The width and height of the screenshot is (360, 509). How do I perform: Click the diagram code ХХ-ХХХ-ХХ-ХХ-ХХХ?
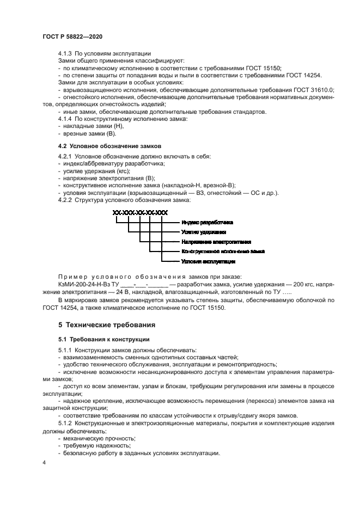point(140,212)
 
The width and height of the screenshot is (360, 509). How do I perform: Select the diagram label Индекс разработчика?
point(208,223)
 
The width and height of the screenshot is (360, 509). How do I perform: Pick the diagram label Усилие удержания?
point(200,232)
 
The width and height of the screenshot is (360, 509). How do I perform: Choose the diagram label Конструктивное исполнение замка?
point(223,252)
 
